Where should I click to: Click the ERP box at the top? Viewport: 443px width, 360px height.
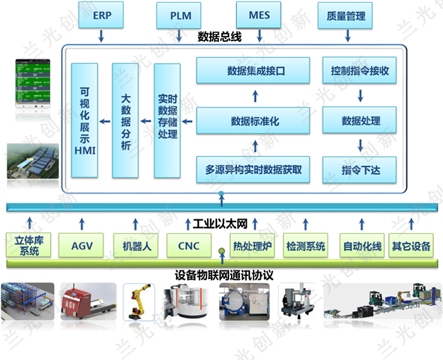click(x=102, y=15)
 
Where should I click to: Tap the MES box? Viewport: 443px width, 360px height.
click(x=259, y=15)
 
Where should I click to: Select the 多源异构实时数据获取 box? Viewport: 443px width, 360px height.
click(x=253, y=170)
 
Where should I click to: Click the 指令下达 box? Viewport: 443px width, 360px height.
click(x=360, y=170)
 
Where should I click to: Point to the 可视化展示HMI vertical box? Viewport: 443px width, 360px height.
click(x=84, y=120)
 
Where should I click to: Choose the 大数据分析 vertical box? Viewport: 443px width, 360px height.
click(x=125, y=120)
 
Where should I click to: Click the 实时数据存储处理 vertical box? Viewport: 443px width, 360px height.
click(x=167, y=120)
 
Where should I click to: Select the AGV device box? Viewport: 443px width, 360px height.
click(x=82, y=245)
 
